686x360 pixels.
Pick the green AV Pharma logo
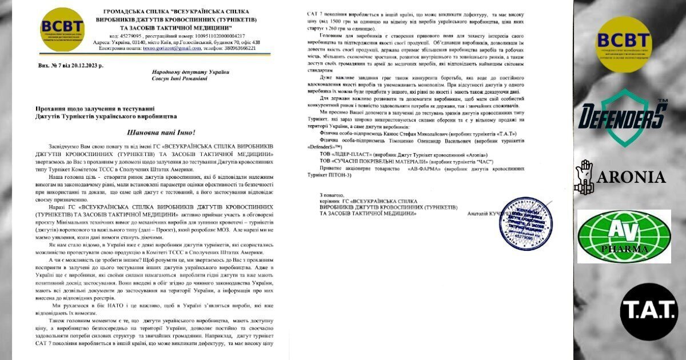click(x=624, y=237)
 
